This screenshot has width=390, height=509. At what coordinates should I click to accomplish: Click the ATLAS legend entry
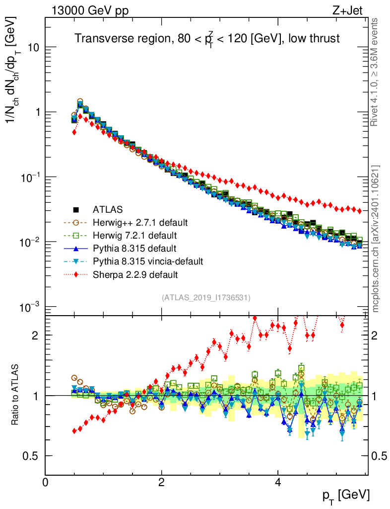pyautogui.click(x=107, y=209)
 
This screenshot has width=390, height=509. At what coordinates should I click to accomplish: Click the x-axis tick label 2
pyautogui.click(x=161, y=482)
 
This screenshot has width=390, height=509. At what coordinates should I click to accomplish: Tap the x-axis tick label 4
pyautogui.click(x=278, y=482)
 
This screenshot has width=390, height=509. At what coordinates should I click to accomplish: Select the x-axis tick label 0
pyautogui.click(x=45, y=482)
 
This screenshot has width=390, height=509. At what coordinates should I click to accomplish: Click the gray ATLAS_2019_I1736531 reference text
pyautogui.click(x=206, y=298)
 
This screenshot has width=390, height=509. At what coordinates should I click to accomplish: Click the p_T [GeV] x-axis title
pyautogui.click(x=346, y=495)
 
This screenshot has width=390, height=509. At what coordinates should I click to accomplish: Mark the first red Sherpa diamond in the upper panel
pyautogui.click(x=74, y=132)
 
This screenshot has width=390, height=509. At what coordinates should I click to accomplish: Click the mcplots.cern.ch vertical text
pyautogui.click(x=376, y=239)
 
